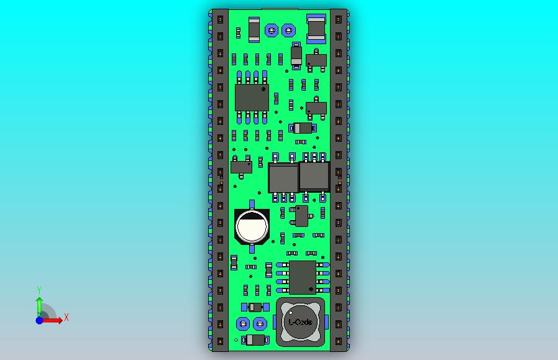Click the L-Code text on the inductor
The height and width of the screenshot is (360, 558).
click(x=301, y=322)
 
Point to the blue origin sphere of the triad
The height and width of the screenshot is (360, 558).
click(x=39, y=320)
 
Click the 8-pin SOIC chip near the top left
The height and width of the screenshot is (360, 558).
click(x=252, y=98)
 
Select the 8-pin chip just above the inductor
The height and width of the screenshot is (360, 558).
click(x=303, y=277)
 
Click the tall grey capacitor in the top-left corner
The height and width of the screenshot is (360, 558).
click(x=254, y=29)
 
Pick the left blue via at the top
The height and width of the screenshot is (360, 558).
click(x=271, y=30)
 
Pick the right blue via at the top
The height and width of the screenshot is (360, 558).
click(x=288, y=30)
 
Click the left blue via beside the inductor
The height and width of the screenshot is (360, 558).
click(x=243, y=323)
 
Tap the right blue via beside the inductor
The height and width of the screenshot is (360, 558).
click(x=260, y=323)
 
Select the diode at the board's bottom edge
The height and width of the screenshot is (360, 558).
click(x=255, y=339)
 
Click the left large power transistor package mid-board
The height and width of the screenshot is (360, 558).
click(x=283, y=178)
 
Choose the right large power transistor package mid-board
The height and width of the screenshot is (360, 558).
click(x=314, y=176)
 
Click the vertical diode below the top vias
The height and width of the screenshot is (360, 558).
click(x=296, y=55)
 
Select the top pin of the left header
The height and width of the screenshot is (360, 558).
click(x=220, y=19)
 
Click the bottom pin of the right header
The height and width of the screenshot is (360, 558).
click(x=339, y=341)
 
